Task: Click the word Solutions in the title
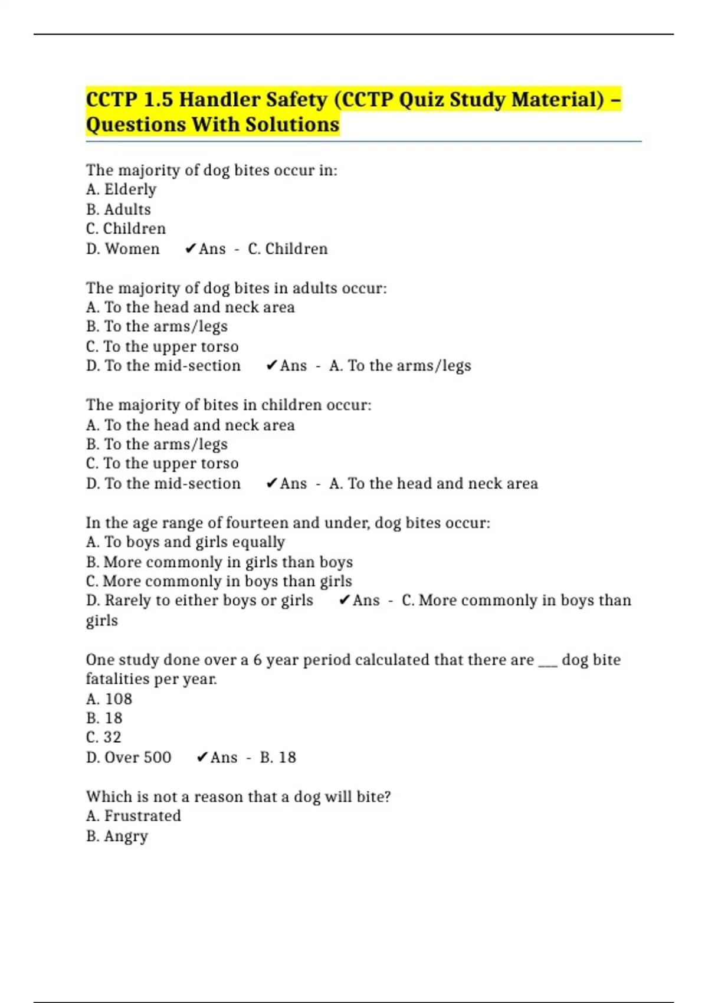pos(292,124)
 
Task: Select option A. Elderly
pos(121,189)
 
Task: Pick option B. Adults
pos(118,209)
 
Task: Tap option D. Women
pos(123,249)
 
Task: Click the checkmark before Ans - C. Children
pos(190,249)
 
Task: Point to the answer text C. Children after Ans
pos(287,249)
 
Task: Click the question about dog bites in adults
pos(236,288)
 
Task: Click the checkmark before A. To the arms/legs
pos(271,366)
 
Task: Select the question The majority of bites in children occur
pos(228,405)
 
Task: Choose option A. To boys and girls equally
pos(185,542)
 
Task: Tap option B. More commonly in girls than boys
pos(219,562)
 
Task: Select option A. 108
pos(109,699)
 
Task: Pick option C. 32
pos(104,737)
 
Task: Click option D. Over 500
pos(129,758)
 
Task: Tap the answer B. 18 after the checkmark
pos(278,758)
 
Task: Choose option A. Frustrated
pos(133,816)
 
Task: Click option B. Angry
pos(117,837)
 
